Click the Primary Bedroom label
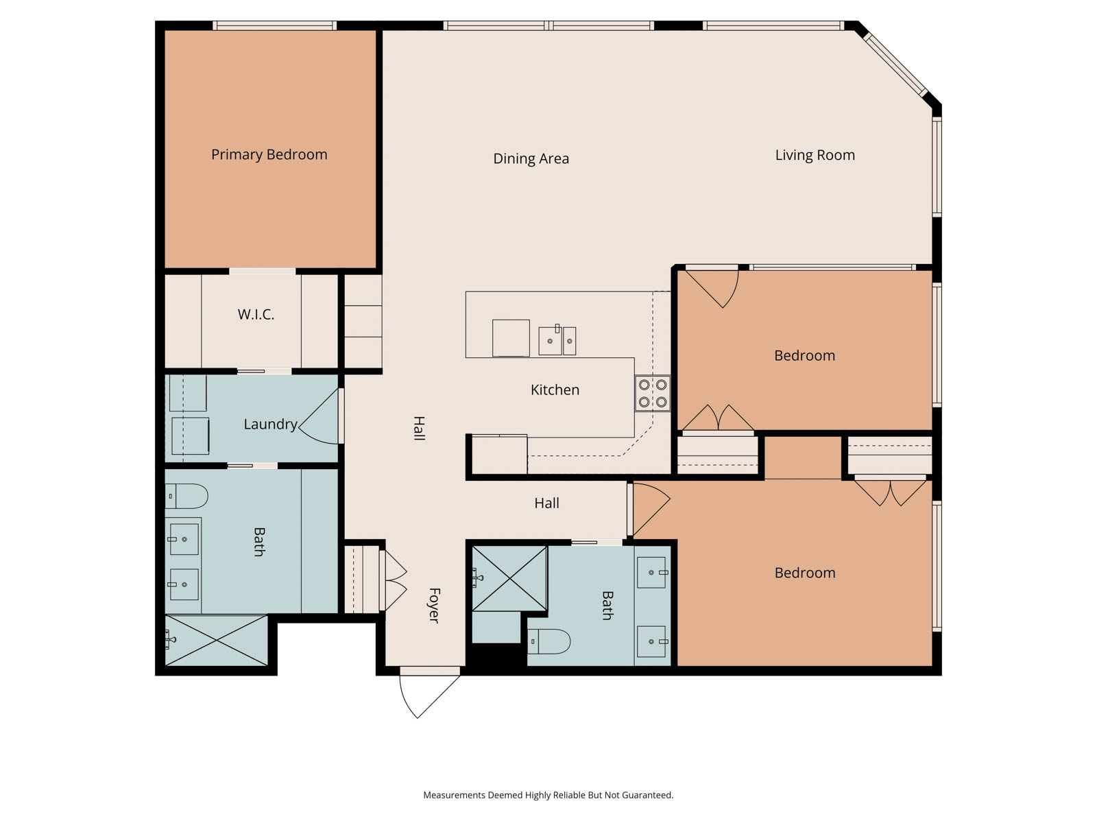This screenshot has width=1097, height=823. click(269, 154)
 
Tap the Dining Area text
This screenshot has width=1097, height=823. click(531, 158)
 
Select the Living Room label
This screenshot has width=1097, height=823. click(815, 155)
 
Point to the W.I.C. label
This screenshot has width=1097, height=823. click(256, 314)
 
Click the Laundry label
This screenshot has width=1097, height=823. click(270, 425)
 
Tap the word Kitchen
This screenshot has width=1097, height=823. click(555, 390)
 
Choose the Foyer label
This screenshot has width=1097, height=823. click(434, 605)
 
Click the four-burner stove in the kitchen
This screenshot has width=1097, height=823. click(652, 393)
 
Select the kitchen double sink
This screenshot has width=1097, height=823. click(557, 340)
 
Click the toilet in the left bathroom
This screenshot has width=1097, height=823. click(186, 496)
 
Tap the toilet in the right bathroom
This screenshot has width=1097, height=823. click(548, 642)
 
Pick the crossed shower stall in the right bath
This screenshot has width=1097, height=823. click(510, 579)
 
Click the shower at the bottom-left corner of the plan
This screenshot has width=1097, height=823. click(217, 640)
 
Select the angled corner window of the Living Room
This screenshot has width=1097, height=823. click(895, 64)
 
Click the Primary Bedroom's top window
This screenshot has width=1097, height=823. click(274, 25)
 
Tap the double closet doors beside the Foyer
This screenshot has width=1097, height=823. click(395, 580)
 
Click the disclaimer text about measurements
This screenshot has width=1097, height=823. click(548, 794)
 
